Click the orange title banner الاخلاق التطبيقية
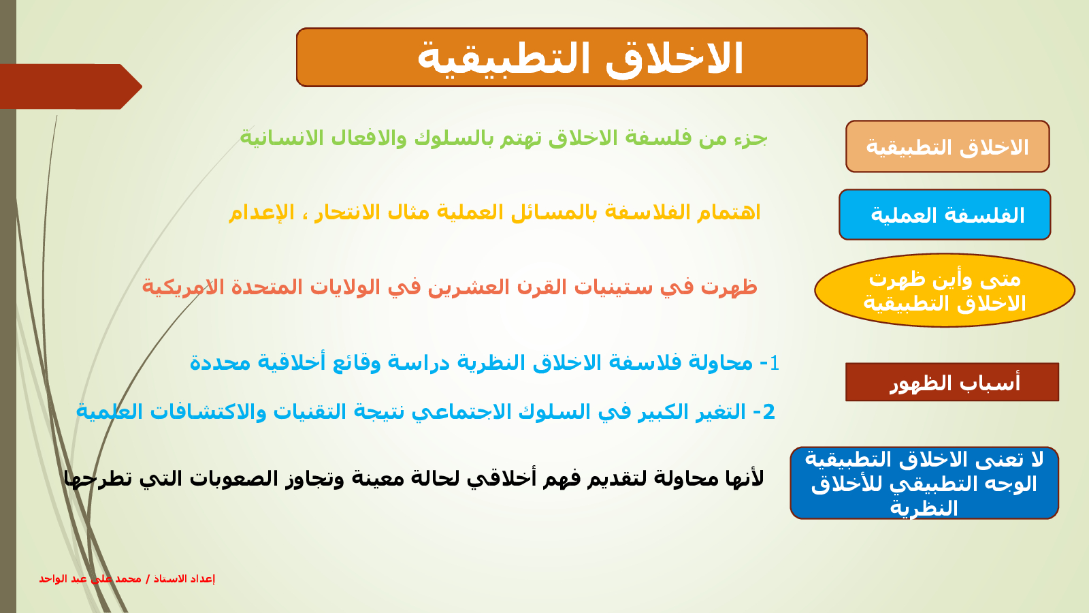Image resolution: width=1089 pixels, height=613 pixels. (x=582, y=57)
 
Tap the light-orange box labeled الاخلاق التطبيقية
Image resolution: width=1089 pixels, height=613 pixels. (x=947, y=146)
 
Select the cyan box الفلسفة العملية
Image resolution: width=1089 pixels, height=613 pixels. (x=945, y=215)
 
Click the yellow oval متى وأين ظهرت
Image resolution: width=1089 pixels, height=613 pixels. (x=945, y=290)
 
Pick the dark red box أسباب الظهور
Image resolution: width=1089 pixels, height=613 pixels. (x=952, y=382)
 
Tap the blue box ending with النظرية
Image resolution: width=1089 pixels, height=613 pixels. (x=924, y=483)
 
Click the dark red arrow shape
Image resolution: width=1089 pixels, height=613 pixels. (x=71, y=87)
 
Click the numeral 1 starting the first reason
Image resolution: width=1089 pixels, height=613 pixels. (x=775, y=363)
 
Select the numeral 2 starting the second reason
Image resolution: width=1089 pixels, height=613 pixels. (x=768, y=412)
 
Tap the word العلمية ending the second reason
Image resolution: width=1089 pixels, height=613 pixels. (x=109, y=411)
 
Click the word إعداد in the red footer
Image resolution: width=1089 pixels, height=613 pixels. (x=204, y=579)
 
